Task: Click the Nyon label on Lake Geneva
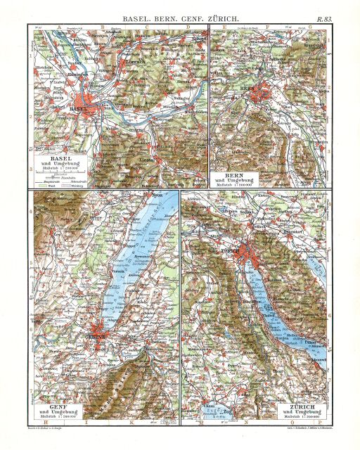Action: tap(146, 195)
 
